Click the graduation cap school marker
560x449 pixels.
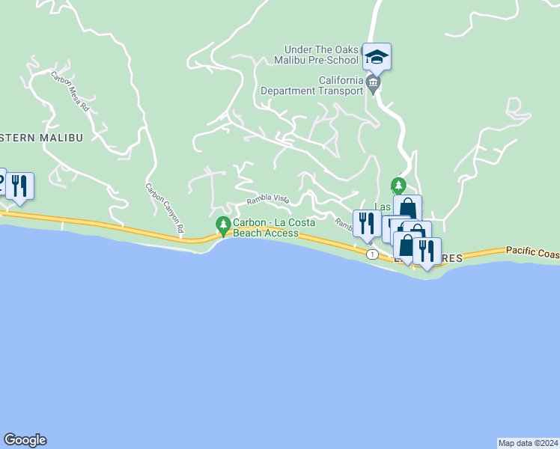377,57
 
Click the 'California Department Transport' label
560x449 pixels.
314,86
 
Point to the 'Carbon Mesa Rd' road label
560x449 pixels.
70,91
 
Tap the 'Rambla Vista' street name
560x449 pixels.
268,200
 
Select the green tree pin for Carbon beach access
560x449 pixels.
222,224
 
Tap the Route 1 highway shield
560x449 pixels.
372,254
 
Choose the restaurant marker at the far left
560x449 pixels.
19,185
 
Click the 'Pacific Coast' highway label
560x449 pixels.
532,253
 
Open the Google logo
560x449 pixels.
25,440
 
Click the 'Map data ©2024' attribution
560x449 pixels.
528,442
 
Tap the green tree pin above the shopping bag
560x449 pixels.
398,184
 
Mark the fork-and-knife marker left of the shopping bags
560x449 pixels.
367,222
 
